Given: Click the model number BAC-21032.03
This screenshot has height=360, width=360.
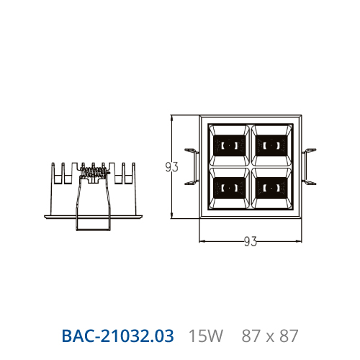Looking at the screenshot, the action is pos(117,336).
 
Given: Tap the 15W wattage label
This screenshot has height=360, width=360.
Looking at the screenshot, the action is pos(206,336).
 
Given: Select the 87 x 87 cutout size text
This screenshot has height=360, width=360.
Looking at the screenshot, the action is pos(270,336).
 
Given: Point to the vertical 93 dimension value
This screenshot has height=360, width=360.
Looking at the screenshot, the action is pos(172,167).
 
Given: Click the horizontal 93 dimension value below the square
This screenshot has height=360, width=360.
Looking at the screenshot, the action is pos(251,241).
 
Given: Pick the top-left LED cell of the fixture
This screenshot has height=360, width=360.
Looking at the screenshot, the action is pos(229,145).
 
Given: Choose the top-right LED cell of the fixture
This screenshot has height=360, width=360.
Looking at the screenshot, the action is pos(271,145).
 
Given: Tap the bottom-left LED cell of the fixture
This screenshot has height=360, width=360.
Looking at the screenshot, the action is pos(229,188).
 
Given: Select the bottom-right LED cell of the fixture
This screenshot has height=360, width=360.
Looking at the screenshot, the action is pos(271,188).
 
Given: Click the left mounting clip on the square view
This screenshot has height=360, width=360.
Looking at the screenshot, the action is pos(192,167).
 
